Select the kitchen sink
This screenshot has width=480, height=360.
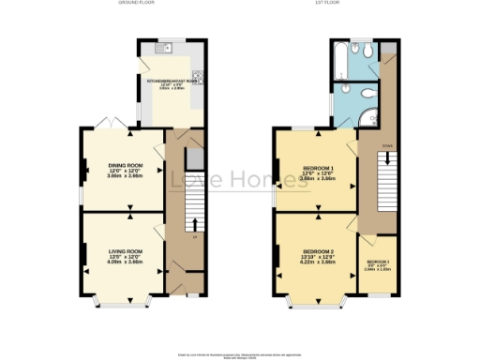(x=167, y=48)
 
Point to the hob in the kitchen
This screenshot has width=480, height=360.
(x=199, y=79)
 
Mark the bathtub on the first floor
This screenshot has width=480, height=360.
(x=340, y=73)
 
